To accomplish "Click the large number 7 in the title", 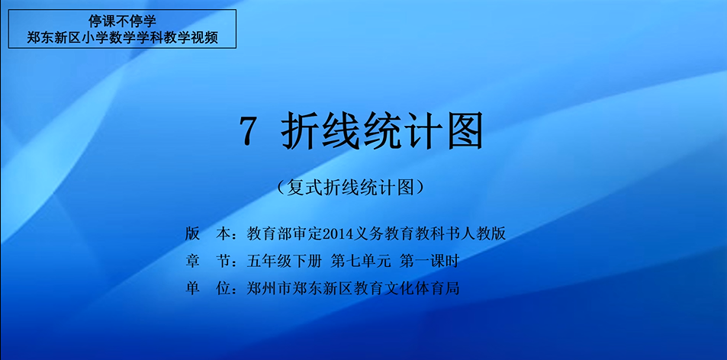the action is tap(248, 130).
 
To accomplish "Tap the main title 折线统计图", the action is tap(381, 130).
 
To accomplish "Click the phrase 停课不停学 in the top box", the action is tap(122, 21).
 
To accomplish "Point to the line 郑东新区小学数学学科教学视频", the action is tap(122, 37).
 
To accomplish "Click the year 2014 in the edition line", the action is tap(339, 234).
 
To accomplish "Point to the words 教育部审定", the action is tap(285, 233).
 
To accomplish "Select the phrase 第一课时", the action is tap(429, 262).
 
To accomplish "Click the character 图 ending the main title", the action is tap(463, 130).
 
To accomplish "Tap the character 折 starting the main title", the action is tap(301, 130).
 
